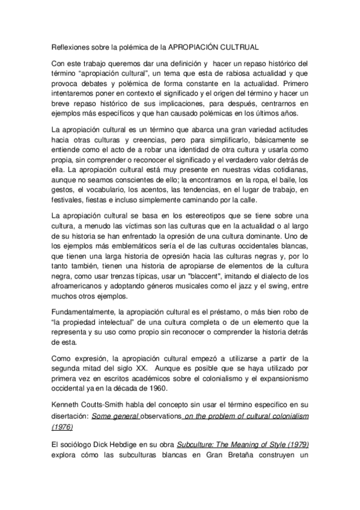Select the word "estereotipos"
tap(191, 216)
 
